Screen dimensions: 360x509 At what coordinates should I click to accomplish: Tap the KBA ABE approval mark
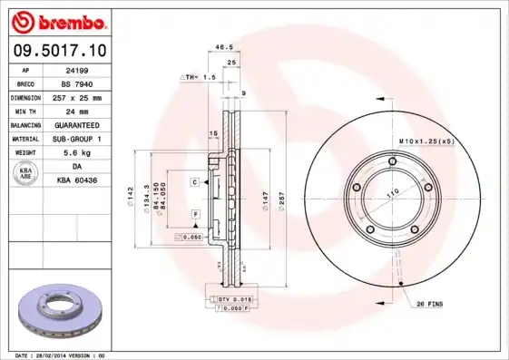point(26,174)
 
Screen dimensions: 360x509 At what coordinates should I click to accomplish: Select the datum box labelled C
point(194,182)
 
